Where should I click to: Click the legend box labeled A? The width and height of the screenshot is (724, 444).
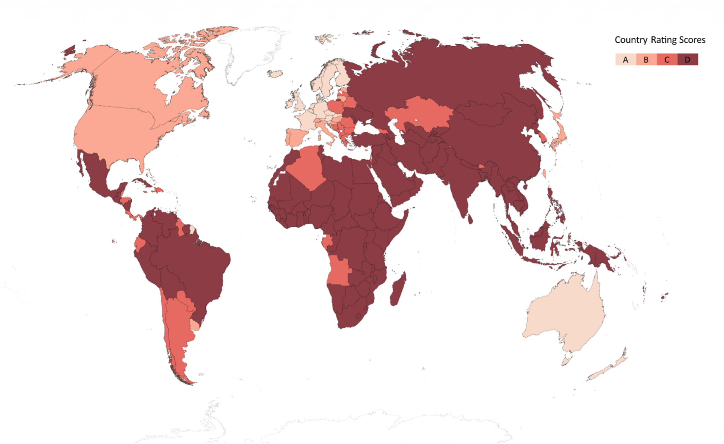(625, 59)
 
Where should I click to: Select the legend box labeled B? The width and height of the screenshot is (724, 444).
(646, 59)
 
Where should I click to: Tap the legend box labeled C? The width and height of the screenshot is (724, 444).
(667, 59)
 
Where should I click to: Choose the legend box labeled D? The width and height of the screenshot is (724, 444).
(688, 59)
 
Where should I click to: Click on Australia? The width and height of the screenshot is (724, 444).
(566, 315)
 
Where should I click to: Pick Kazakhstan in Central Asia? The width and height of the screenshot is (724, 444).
(421, 113)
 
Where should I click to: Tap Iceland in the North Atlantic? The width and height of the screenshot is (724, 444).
(275, 74)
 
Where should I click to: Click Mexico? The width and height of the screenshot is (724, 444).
(95, 173)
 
